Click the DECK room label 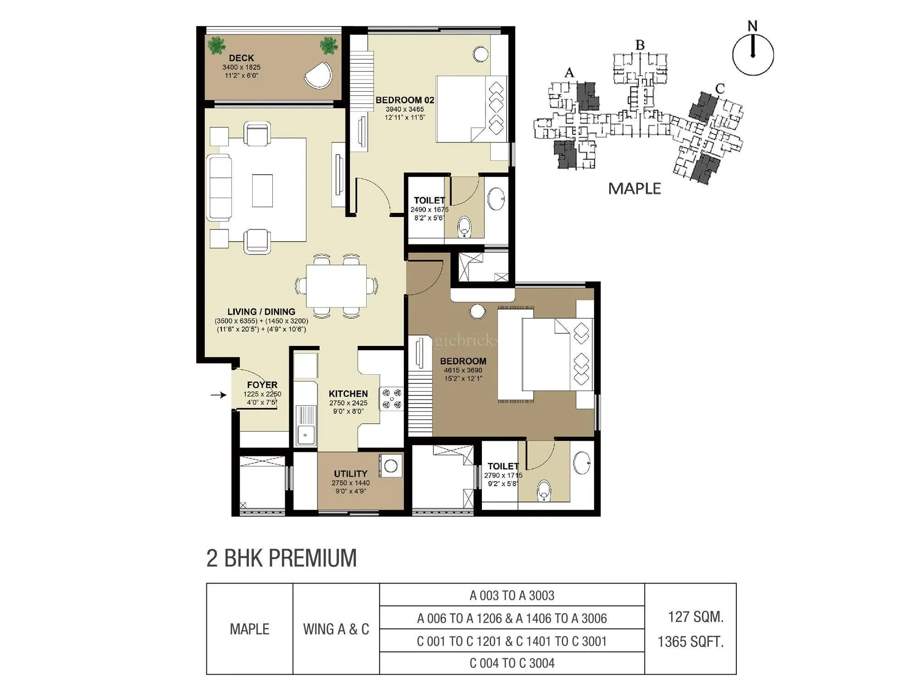241,58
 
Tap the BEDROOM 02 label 404,100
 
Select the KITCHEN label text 348,394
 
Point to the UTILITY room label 350,473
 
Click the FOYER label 262,385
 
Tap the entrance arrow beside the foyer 219,394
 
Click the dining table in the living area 336,286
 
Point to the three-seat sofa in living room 219,188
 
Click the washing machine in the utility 391,466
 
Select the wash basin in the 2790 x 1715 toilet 582,463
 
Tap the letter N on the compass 752,26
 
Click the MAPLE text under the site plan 634,189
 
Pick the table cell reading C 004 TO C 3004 512,663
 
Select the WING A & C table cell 336,629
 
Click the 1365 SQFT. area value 690,642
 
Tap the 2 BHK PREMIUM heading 281,558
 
